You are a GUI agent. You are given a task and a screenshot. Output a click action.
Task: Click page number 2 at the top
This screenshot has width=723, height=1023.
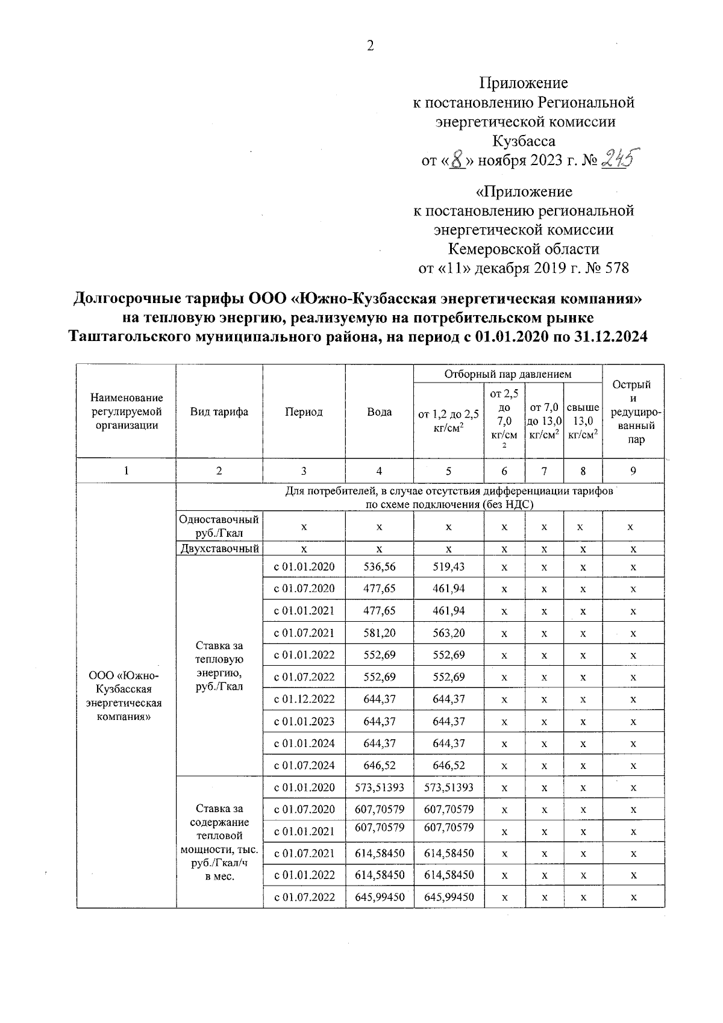pos(370,46)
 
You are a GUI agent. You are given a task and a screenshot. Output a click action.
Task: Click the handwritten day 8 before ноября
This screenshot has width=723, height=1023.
pos(457,161)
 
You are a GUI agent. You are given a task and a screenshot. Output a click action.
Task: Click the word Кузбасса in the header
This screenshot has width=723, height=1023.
pos(523,142)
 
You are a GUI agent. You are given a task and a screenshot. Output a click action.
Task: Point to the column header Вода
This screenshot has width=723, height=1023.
pos(379,412)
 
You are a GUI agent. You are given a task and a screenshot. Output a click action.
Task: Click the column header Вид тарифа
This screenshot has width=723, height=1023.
pos(219,412)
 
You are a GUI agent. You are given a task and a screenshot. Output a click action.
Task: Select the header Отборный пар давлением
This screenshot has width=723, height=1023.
pos(507,374)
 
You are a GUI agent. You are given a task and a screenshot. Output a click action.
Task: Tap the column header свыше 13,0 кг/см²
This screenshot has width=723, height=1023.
pos(583,421)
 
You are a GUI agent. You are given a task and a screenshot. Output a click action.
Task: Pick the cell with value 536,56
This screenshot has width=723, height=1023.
pos(379,567)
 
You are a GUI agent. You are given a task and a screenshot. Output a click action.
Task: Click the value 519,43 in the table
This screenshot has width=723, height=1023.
pos(448,567)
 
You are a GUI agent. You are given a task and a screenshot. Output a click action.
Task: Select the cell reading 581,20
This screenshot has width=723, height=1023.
pos(379,633)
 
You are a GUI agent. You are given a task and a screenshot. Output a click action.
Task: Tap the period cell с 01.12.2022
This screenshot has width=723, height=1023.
pos(304,699)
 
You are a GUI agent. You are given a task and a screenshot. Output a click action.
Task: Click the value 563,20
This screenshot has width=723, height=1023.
pos(448,633)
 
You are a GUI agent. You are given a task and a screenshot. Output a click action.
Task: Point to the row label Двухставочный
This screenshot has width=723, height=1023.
pos(219,549)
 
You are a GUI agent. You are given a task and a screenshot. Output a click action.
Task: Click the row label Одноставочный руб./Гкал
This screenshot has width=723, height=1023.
pos(219,527)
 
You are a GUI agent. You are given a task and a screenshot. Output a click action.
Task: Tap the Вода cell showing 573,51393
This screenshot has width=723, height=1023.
pos(379,787)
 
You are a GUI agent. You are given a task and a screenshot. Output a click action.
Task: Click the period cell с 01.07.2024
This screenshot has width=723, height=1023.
pos(304,766)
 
